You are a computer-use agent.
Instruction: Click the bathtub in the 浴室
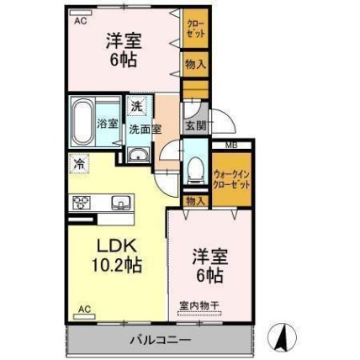[82, 121]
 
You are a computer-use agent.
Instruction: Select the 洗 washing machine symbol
[136, 106]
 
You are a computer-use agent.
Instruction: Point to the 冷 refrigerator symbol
[80, 164]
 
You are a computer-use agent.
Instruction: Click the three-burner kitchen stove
[82, 202]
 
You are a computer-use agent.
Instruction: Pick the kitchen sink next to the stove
[121, 202]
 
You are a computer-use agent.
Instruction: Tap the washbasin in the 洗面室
[138, 155]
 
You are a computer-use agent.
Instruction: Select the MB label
[232, 146]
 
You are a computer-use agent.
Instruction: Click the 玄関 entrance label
[196, 126]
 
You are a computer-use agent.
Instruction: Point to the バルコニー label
[161, 341]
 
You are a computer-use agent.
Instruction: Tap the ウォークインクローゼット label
[231, 179]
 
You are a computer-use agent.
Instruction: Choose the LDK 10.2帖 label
[117, 255]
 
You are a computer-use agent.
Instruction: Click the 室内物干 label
[199, 304]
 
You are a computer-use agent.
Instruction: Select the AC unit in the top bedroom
[81, 13]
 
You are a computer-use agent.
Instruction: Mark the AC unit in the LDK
[84, 316]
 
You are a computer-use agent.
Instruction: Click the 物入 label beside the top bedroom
[196, 65]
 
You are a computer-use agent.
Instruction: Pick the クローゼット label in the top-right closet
[196, 29]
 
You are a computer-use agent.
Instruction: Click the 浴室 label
[107, 124]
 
